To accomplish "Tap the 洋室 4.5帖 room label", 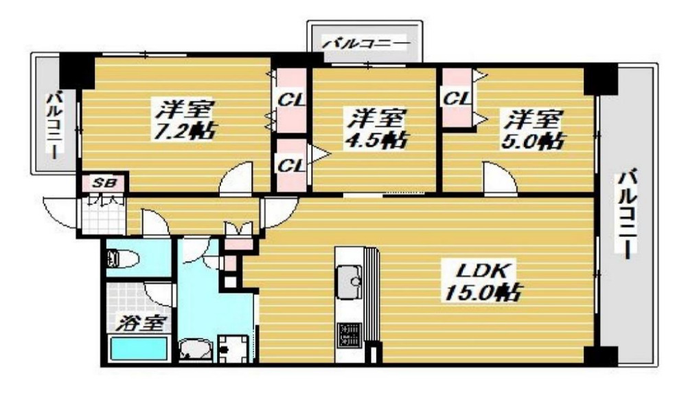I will [x=374, y=128].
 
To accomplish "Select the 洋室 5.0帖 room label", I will [x=536, y=129].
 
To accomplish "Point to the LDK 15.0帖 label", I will [x=482, y=282].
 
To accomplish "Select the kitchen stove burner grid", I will [x=350, y=335].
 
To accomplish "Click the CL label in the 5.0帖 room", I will [x=456, y=98].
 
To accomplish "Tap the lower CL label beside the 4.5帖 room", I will [x=290, y=165].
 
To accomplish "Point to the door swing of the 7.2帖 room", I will [x=237, y=178].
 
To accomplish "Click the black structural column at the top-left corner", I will [x=76, y=69].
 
